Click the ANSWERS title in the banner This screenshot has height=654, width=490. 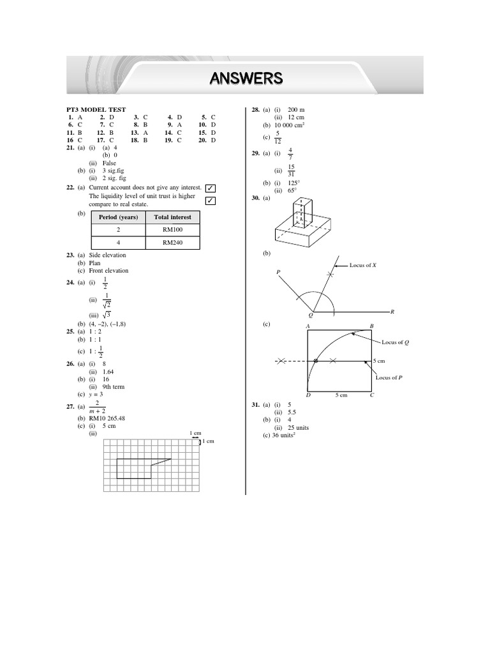tap(246, 79)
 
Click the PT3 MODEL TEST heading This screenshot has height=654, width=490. tap(96, 110)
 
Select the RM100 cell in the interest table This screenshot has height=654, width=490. tap(172, 229)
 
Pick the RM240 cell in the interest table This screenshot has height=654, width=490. tap(172, 243)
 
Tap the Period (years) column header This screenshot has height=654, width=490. tap(119, 217)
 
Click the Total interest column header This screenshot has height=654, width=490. tap(172, 217)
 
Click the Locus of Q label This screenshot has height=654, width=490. tap(396, 342)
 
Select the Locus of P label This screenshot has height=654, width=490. tap(389, 377)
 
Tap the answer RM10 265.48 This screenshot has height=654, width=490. tap(107, 418)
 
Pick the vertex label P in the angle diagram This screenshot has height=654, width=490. tap(278, 273)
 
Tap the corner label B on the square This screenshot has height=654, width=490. tap(372, 326)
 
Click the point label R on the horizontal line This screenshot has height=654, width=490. tap(392, 312)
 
